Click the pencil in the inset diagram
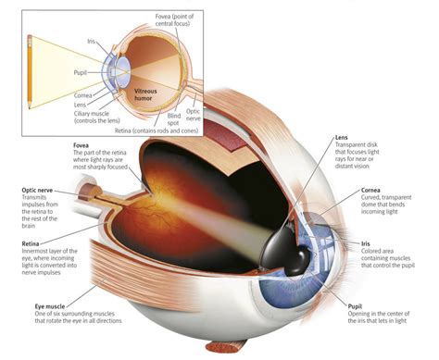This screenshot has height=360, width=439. coord(30,71)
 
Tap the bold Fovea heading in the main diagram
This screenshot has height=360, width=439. coord(81,145)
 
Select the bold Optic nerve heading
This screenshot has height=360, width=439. coord(37,191)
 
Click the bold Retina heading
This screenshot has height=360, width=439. coord(31,243)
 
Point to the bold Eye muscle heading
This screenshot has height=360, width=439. coord(50,306)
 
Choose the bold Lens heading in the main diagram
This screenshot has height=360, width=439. coord(341,138)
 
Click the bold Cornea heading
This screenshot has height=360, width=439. coord(370,191)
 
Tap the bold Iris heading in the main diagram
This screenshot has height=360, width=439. coord(365,243)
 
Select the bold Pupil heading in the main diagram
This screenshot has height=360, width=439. coord(355,306)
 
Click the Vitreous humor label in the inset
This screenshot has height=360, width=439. coord(145,94)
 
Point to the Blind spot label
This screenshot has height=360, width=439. coord(174,119)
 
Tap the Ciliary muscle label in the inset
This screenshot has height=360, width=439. coord(96,117)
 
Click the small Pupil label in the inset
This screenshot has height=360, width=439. coord(80,73)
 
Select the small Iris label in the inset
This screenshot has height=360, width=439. coord(91,41)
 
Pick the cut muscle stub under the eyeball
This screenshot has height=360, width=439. coord(226,346)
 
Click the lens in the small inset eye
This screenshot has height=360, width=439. coord(124,71)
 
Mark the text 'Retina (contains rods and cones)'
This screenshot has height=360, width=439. coord(157,130)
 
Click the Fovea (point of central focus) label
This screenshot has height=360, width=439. coord(174,19)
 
